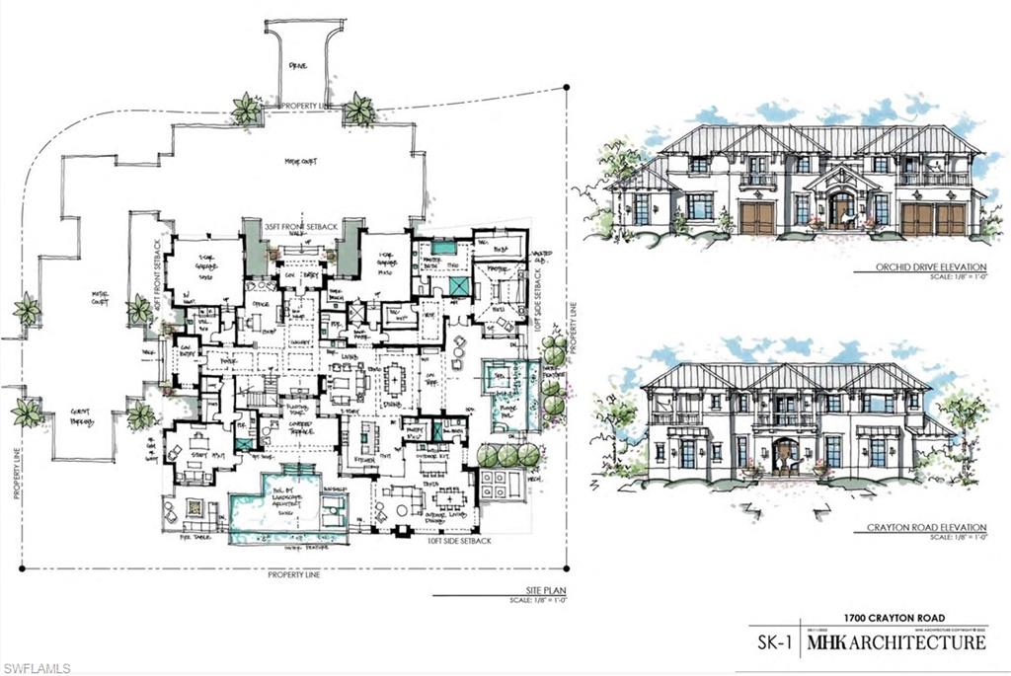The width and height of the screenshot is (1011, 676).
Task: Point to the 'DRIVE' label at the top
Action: [x=298, y=66]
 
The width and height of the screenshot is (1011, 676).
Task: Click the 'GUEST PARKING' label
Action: [x=72, y=416]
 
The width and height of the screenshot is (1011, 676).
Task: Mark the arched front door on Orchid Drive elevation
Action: [x=842, y=209]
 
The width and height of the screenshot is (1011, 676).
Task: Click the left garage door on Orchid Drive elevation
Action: [x=757, y=218]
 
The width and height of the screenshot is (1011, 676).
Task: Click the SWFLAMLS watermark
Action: [x=37, y=668]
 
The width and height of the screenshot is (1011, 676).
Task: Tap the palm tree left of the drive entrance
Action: [x=245, y=110]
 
